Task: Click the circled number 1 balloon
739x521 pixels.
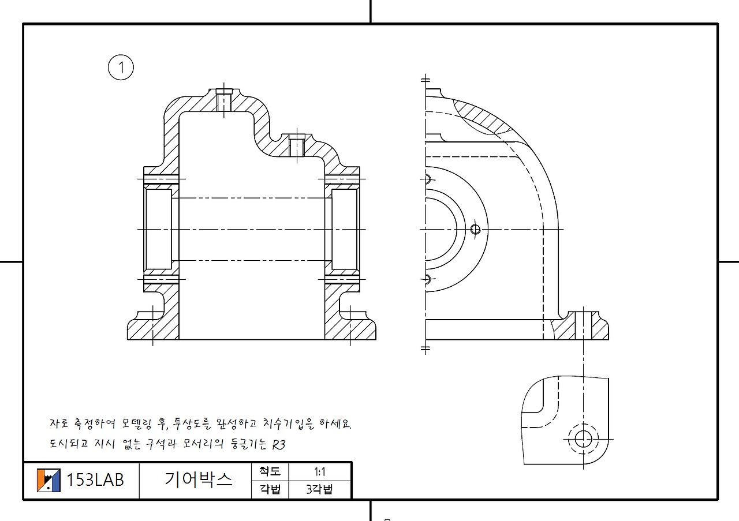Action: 121,68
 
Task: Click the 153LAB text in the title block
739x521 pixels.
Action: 95,480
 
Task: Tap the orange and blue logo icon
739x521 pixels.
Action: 48,480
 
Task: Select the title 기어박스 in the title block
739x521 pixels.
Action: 198,479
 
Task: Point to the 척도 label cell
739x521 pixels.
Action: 270,471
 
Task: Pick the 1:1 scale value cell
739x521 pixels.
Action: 319,472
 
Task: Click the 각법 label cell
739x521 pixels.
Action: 270,489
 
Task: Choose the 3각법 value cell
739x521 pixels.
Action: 319,489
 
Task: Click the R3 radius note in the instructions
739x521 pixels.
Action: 278,445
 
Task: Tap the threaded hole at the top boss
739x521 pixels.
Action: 223,100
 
